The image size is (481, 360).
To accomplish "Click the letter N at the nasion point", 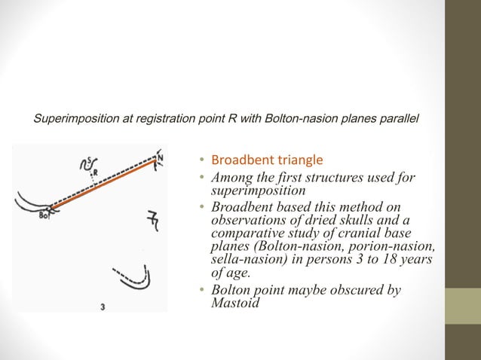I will click(160, 157).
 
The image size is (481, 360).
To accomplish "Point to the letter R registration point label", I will click(96, 172).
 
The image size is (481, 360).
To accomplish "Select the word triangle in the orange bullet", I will click(299, 160).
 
